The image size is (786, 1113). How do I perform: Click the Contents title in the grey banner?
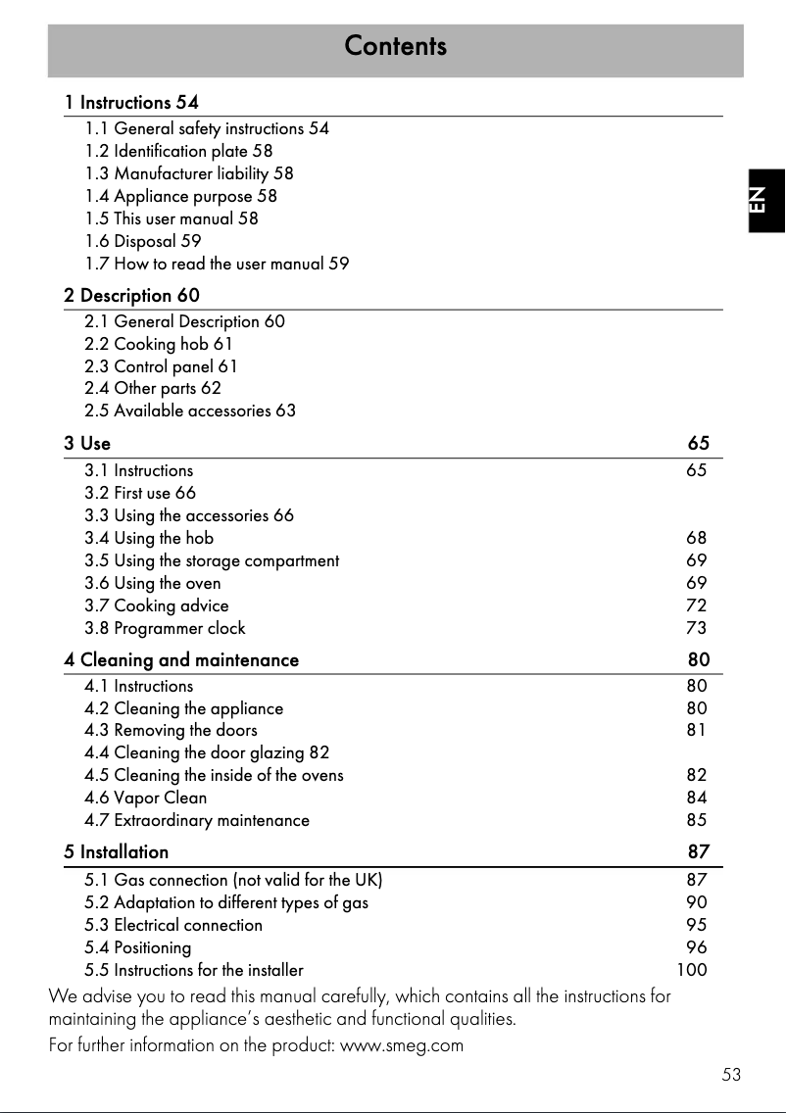[395, 46]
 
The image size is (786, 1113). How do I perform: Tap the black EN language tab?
[766, 199]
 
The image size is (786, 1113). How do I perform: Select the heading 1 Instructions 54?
[131, 102]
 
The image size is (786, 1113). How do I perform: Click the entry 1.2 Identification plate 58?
[178, 151]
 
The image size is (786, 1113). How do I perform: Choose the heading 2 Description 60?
[131, 295]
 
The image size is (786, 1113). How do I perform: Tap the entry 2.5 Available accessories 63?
[190, 411]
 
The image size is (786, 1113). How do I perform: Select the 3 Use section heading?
[87, 444]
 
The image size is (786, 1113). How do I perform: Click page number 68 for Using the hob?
[696, 538]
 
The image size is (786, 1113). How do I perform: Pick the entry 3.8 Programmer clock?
[165, 628]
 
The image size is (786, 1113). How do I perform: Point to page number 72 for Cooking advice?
[696, 605]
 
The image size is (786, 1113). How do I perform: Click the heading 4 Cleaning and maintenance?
[181, 660]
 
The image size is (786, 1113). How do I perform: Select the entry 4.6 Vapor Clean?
[146, 798]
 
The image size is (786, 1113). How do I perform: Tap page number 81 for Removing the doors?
[696, 730]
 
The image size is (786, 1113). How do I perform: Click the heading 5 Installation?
[117, 852]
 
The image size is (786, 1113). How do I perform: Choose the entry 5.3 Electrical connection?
[173, 925]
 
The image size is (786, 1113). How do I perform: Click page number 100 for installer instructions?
[692, 970]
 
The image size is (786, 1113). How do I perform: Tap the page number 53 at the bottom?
[731, 1075]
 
